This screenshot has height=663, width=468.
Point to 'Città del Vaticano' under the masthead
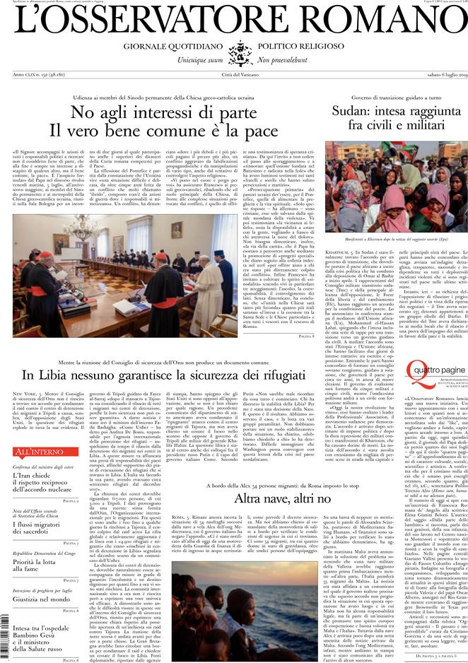[x=233, y=74]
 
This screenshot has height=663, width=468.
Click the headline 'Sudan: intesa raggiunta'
[x=397, y=111]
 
